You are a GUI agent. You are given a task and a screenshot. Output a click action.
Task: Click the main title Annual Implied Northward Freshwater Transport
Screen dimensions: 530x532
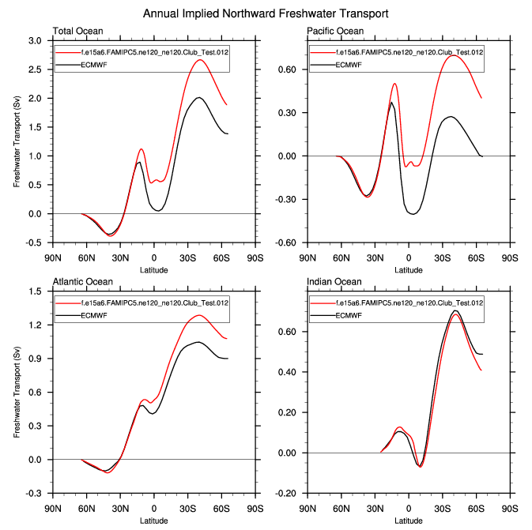tap(266, 14)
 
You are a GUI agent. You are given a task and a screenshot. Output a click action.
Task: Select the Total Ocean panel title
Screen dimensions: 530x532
tap(78, 31)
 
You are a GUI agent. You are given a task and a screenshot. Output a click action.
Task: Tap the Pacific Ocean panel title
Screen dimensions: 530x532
tap(335, 31)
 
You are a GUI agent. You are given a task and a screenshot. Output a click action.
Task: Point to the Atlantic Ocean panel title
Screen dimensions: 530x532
tap(82, 281)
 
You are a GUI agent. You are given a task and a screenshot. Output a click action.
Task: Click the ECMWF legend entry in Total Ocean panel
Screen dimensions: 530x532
tap(94, 64)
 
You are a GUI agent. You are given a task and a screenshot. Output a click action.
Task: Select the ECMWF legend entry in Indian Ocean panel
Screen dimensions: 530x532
tap(349, 314)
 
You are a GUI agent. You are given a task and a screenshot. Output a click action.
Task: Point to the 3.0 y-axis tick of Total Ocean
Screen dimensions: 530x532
tap(36, 40)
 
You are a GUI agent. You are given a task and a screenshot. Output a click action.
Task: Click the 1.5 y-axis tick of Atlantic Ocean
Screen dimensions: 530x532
tap(36, 291)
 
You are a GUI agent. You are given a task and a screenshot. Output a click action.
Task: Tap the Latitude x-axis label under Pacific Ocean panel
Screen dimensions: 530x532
tap(408, 269)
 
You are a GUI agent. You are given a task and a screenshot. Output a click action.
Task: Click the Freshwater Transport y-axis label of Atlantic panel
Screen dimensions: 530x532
tap(17, 393)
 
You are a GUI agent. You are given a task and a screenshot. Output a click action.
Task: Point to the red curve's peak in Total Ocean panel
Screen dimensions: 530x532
tap(199, 60)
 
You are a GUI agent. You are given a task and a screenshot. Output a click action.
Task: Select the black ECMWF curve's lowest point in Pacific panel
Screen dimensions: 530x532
tap(413, 214)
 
